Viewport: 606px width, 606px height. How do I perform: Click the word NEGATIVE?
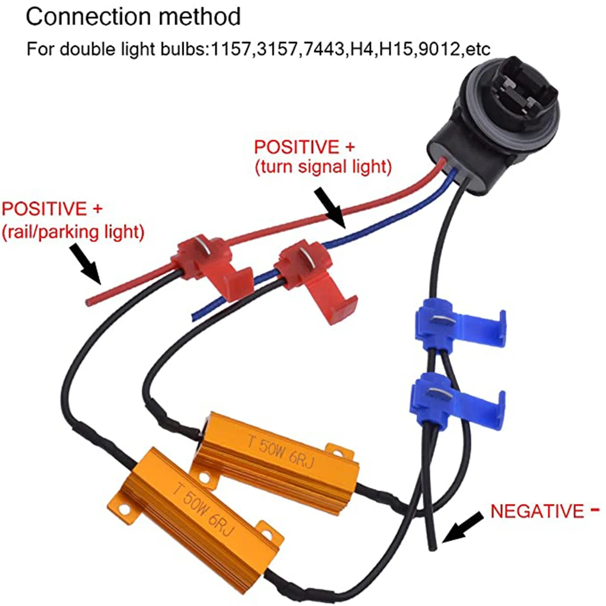click(535, 511)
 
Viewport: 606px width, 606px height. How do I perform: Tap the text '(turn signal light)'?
click(322, 165)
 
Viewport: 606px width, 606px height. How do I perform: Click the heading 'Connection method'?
click(133, 16)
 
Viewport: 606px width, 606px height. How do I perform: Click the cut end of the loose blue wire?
click(195, 315)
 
